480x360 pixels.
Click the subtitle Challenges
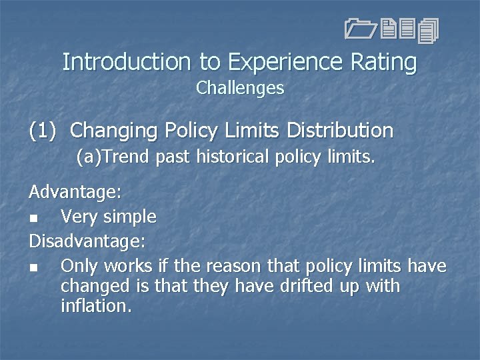tap(240, 88)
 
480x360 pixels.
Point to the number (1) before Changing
tap(45, 130)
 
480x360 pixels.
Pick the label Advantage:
tap(75, 193)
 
